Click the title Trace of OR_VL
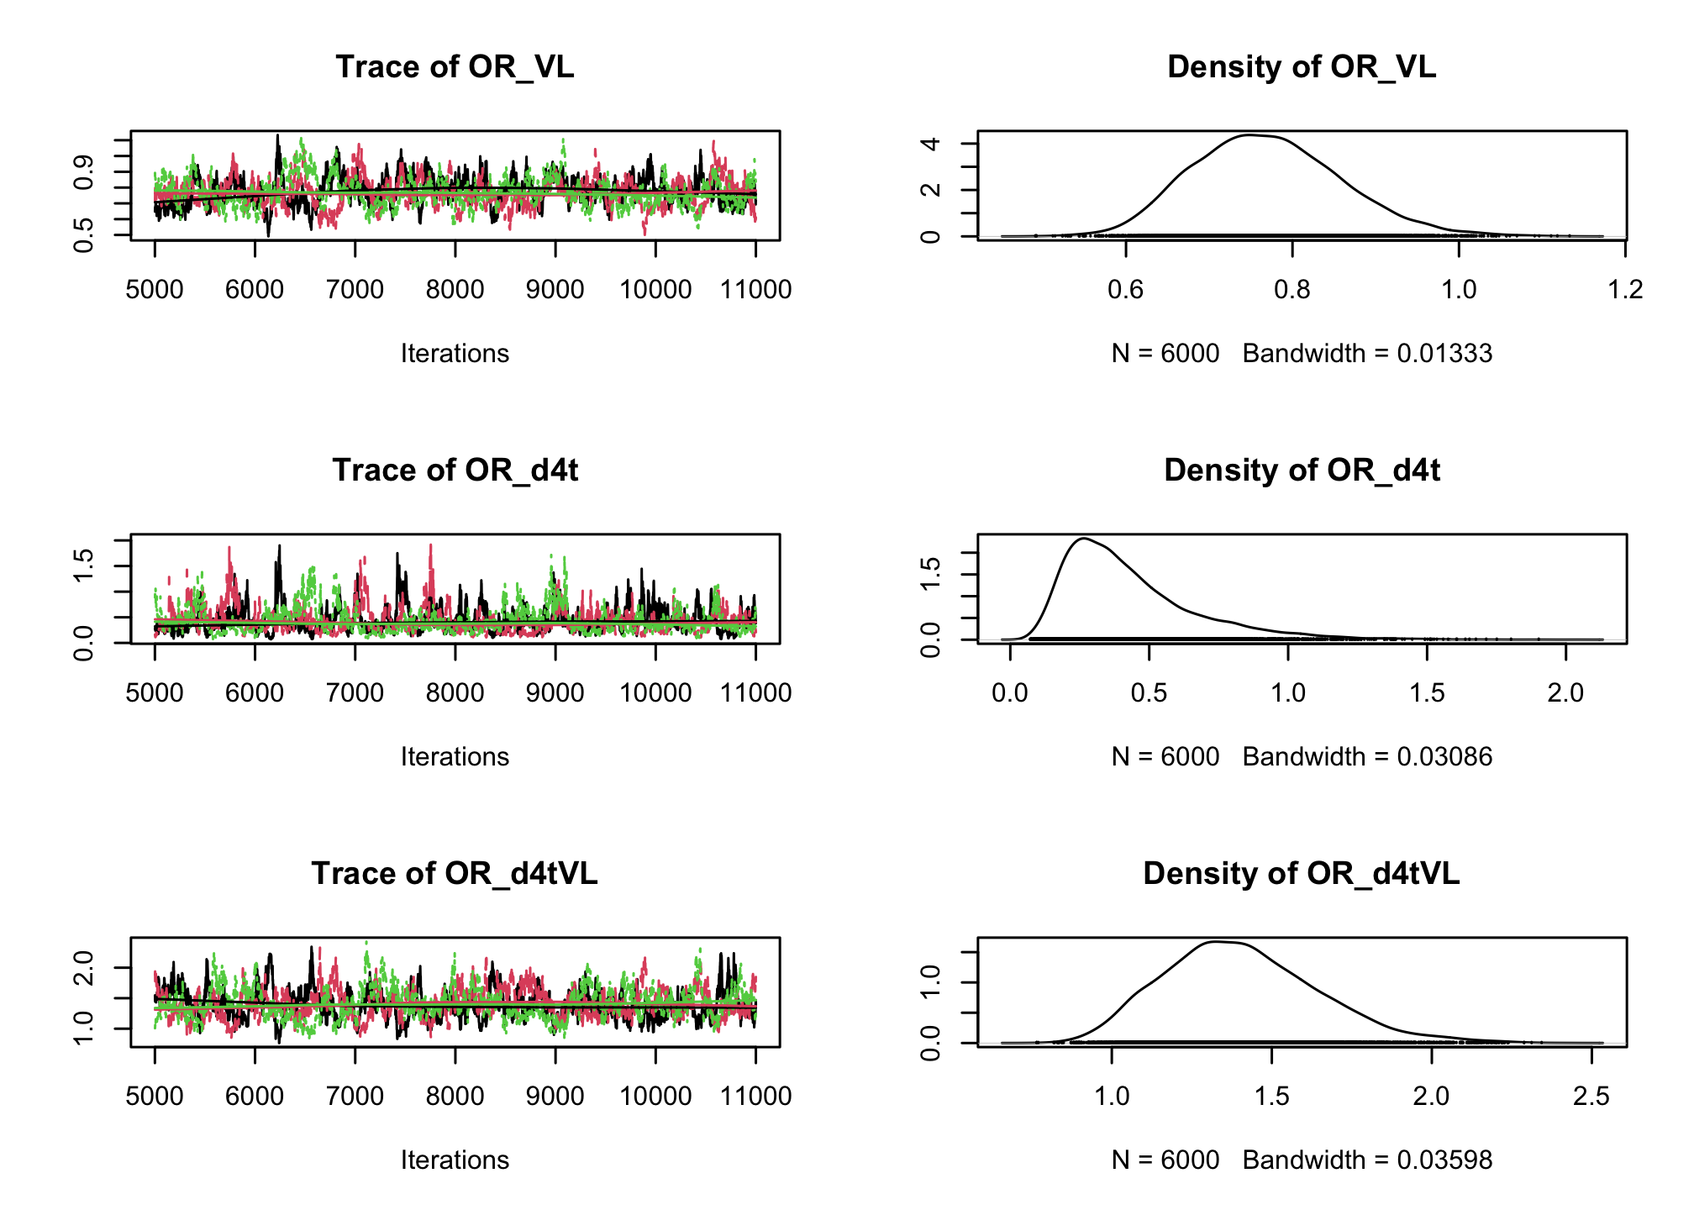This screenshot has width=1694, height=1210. click(x=455, y=67)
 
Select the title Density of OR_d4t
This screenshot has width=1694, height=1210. click(x=1302, y=471)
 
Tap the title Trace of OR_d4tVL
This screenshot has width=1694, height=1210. click(x=455, y=874)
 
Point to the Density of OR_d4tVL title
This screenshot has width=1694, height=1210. click(x=1302, y=874)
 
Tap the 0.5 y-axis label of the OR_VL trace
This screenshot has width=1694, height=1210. click(x=83, y=235)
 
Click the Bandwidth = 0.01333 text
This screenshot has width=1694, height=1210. click(x=1367, y=354)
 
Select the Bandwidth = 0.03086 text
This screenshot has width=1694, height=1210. click(x=1367, y=757)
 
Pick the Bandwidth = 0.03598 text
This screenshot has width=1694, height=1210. click(x=1367, y=1160)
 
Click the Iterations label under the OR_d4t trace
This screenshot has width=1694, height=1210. click(x=455, y=757)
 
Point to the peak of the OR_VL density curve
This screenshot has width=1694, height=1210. click(x=1249, y=134)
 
